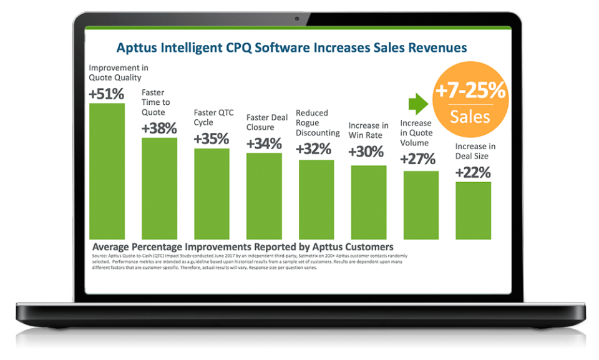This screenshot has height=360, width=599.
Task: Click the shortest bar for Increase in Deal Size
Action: [473, 211]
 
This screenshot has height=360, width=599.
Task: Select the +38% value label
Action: [159, 129]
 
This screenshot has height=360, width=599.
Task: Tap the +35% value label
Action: [211, 139]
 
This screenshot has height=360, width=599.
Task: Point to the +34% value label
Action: [264, 144]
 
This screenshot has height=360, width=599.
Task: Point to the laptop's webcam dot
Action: [299, 19]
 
